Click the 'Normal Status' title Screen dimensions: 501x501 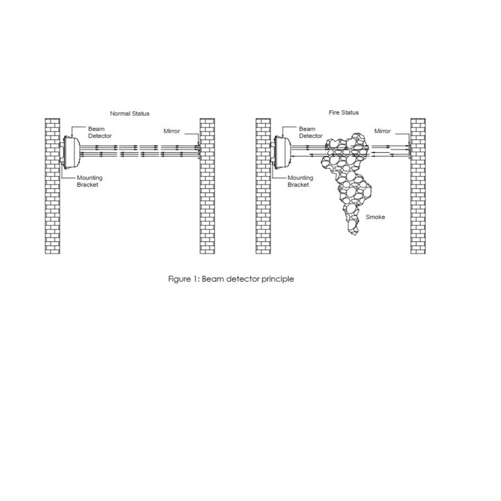point(130,113)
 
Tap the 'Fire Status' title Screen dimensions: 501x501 point(343,113)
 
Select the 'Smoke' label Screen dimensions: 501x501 point(375,217)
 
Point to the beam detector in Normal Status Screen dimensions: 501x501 point(71,152)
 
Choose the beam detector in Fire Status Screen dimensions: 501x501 point(282,152)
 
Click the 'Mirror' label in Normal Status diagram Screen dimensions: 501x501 point(172,131)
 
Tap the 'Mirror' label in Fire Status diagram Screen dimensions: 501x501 point(382,131)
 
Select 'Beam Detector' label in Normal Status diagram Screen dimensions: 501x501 point(100,132)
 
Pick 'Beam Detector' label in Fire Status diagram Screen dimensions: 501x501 point(311,132)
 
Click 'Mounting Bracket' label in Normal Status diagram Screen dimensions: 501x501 point(90,181)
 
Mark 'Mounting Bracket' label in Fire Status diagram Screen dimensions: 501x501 point(301,181)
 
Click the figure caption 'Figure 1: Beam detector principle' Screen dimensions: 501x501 point(231,279)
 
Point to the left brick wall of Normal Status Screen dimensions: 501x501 point(53,186)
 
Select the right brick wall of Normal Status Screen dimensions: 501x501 point(207,186)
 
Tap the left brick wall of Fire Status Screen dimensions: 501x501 point(263,186)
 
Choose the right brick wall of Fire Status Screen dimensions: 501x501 point(418,186)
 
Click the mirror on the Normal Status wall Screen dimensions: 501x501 point(199,151)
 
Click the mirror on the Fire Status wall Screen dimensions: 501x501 point(410,151)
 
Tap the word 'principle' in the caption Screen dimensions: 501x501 point(277,279)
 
